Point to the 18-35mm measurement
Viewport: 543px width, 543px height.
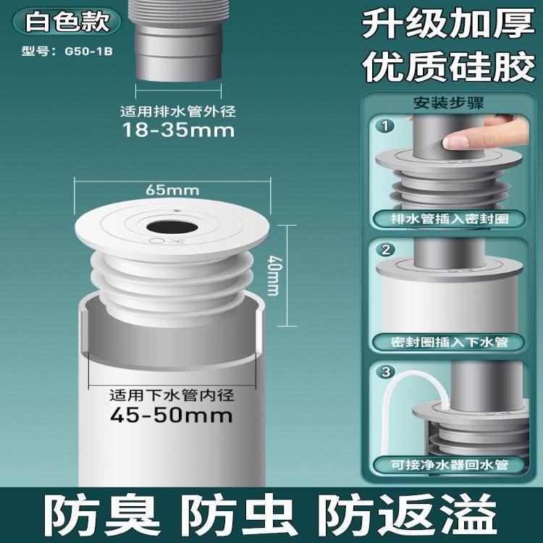pos(178,130)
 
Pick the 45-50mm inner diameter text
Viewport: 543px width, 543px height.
pos(171,415)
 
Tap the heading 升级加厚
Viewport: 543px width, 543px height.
pos(444,26)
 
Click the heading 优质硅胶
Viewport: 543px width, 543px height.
pos(444,70)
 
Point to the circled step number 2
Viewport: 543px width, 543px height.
pos(387,250)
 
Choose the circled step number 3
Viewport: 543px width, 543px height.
pos(387,373)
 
